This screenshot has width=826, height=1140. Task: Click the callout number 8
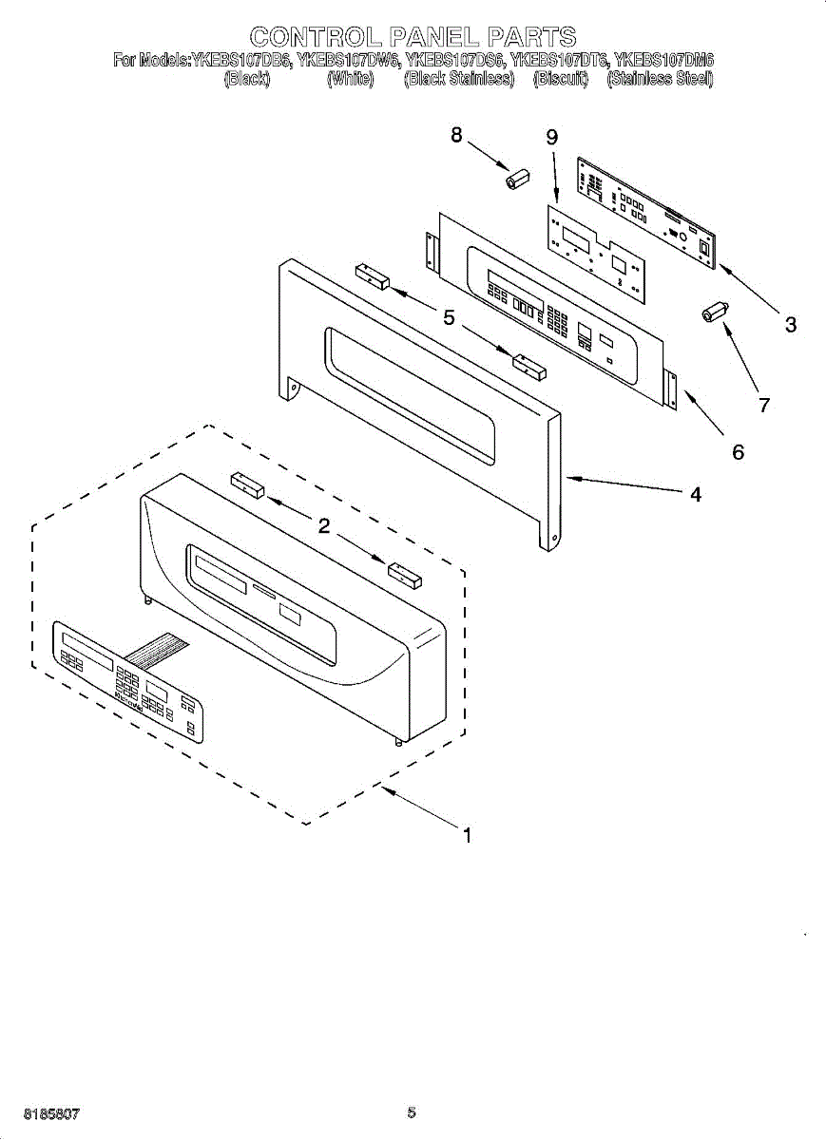pyautogui.click(x=456, y=136)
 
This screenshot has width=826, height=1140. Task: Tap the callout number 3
pyautogui.click(x=790, y=325)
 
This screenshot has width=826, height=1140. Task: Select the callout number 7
pyautogui.click(x=762, y=405)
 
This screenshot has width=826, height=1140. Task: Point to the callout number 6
pyautogui.click(x=738, y=452)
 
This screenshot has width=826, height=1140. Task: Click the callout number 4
pyautogui.click(x=696, y=494)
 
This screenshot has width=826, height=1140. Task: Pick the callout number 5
pyautogui.click(x=449, y=317)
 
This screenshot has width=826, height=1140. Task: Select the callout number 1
pyautogui.click(x=467, y=836)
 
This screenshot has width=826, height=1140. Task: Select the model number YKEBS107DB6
pyautogui.click(x=242, y=61)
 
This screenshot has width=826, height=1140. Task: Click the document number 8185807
pyautogui.click(x=51, y=1112)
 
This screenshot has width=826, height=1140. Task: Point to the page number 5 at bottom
pyautogui.click(x=412, y=1112)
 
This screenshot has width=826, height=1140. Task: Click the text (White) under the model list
pyautogui.click(x=350, y=80)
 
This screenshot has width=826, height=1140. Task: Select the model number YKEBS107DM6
pyautogui.click(x=663, y=61)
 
